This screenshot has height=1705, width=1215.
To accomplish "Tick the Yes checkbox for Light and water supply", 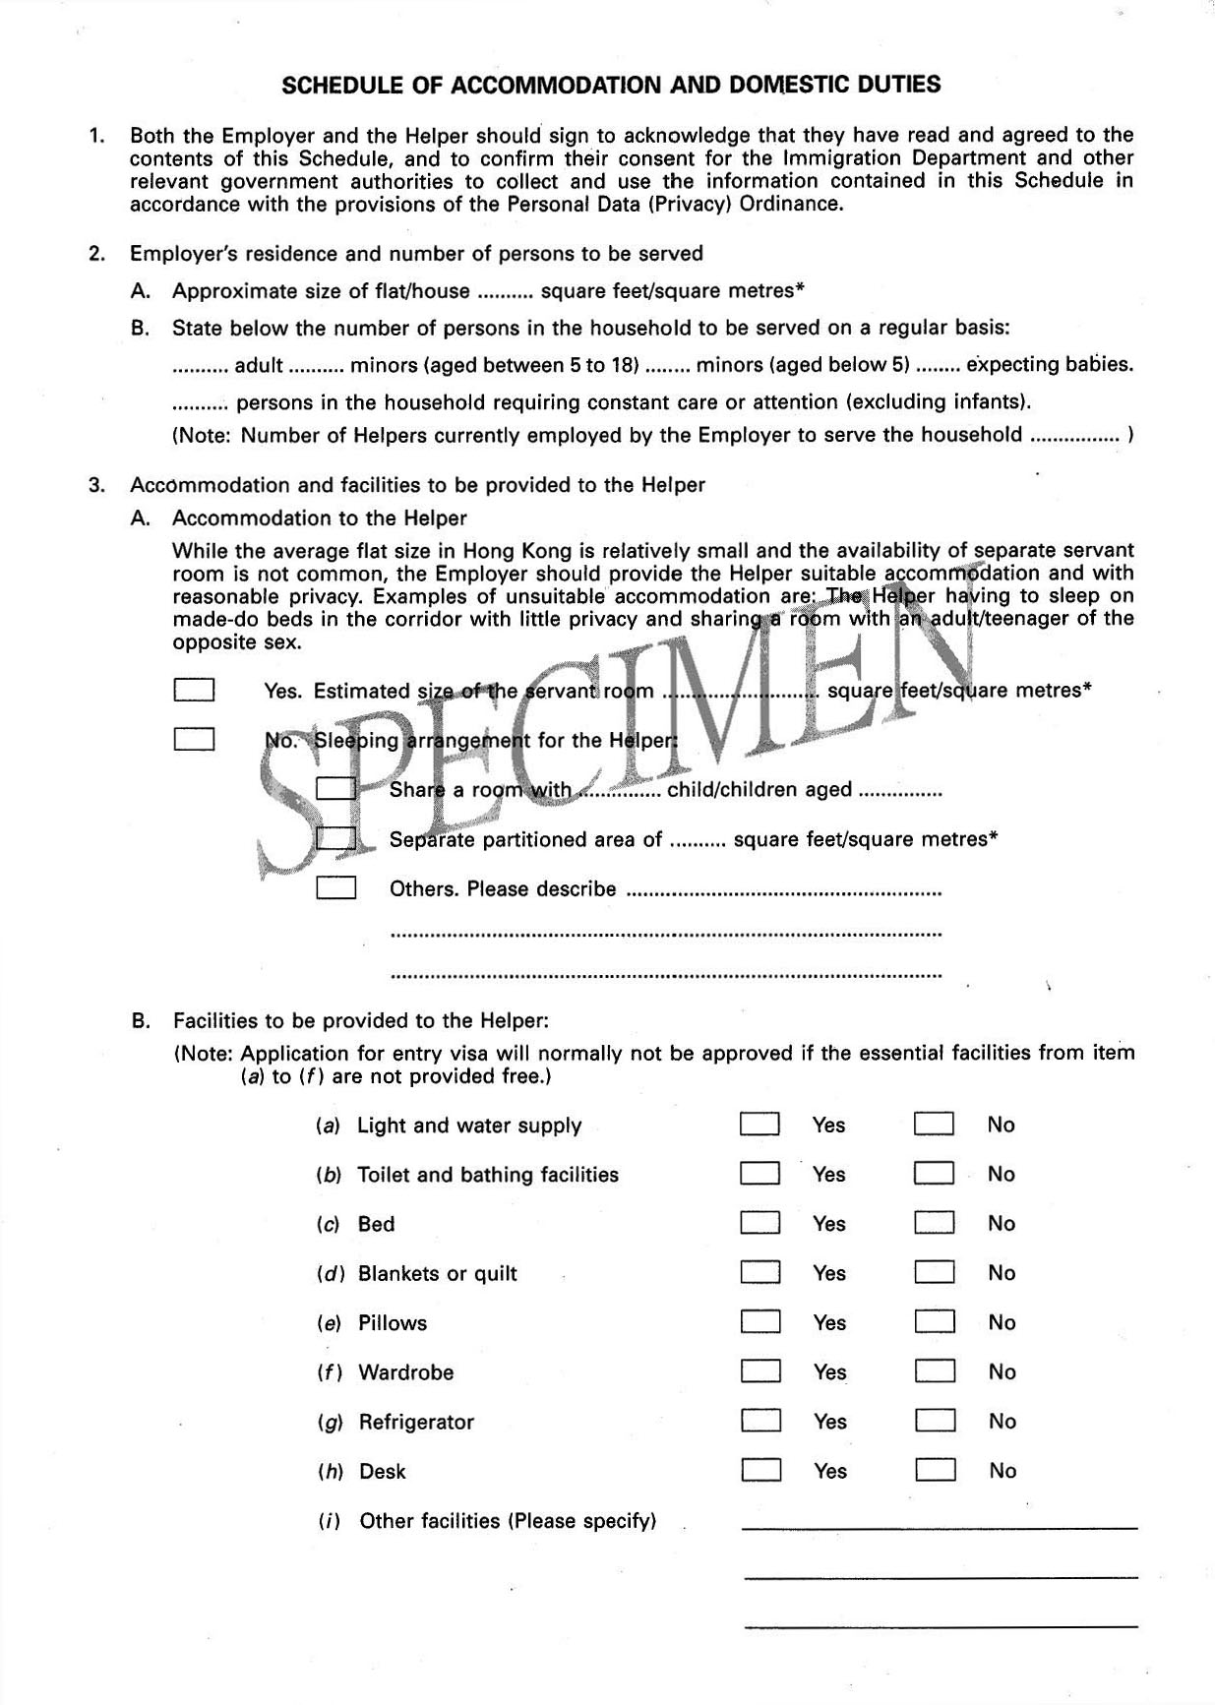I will pyautogui.click(x=759, y=1124).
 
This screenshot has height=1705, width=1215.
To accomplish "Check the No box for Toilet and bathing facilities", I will pyautogui.click(x=934, y=1173).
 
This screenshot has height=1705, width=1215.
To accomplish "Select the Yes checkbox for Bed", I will pyautogui.click(x=759, y=1223).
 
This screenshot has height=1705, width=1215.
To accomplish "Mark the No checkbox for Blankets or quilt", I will pyautogui.click(x=935, y=1272).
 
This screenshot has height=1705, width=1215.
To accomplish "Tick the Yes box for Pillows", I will pyautogui.click(x=760, y=1321).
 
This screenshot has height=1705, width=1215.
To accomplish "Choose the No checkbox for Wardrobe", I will pyautogui.click(x=935, y=1370).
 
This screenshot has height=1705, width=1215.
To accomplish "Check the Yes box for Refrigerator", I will pyautogui.click(x=760, y=1421).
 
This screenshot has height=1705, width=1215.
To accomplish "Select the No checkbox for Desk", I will pyautogui.click(x=936, y=1470).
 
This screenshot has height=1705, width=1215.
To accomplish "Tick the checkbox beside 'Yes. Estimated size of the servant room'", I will pyautogui.click(x=194, y=690).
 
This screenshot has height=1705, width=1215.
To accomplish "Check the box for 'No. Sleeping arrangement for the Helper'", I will pyautogui.click(x=194, y=739).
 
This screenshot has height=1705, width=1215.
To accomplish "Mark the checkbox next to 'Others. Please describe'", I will pyautogui.click(x=335, y=888).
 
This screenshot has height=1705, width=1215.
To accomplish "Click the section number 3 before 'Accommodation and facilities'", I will pyautogui.click(x=95, y=484).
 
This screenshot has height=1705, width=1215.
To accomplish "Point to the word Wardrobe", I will pyautogui.click(x=405, y=1372).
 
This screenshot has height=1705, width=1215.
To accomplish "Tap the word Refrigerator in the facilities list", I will pyautogui.click(x=416, y=1422).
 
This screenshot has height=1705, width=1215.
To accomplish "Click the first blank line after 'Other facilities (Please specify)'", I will pyautogui.click(x=939, y=1527).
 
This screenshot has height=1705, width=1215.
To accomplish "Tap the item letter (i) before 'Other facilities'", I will pyautogui.click(x=329, y=1521).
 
